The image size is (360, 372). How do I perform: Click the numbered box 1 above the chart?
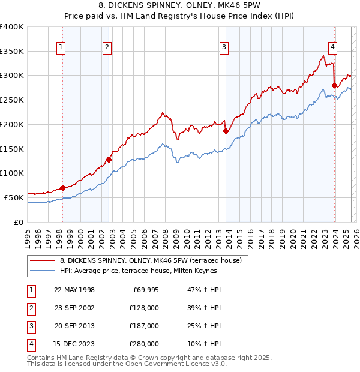coord(62,49)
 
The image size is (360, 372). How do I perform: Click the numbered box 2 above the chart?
coord(107,49)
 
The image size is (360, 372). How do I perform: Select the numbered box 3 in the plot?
coord(223,49)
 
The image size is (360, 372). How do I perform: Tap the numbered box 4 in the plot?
coord(332,49)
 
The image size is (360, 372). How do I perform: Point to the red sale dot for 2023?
coord(334,86)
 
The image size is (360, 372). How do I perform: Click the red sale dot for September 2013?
coord(226,131)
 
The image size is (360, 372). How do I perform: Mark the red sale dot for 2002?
coord(109,160)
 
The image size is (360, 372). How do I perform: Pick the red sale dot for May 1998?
coord(62,188)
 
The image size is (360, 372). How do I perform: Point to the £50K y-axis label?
coord(14,197)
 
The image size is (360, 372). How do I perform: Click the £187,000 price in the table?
coord(144,326)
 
